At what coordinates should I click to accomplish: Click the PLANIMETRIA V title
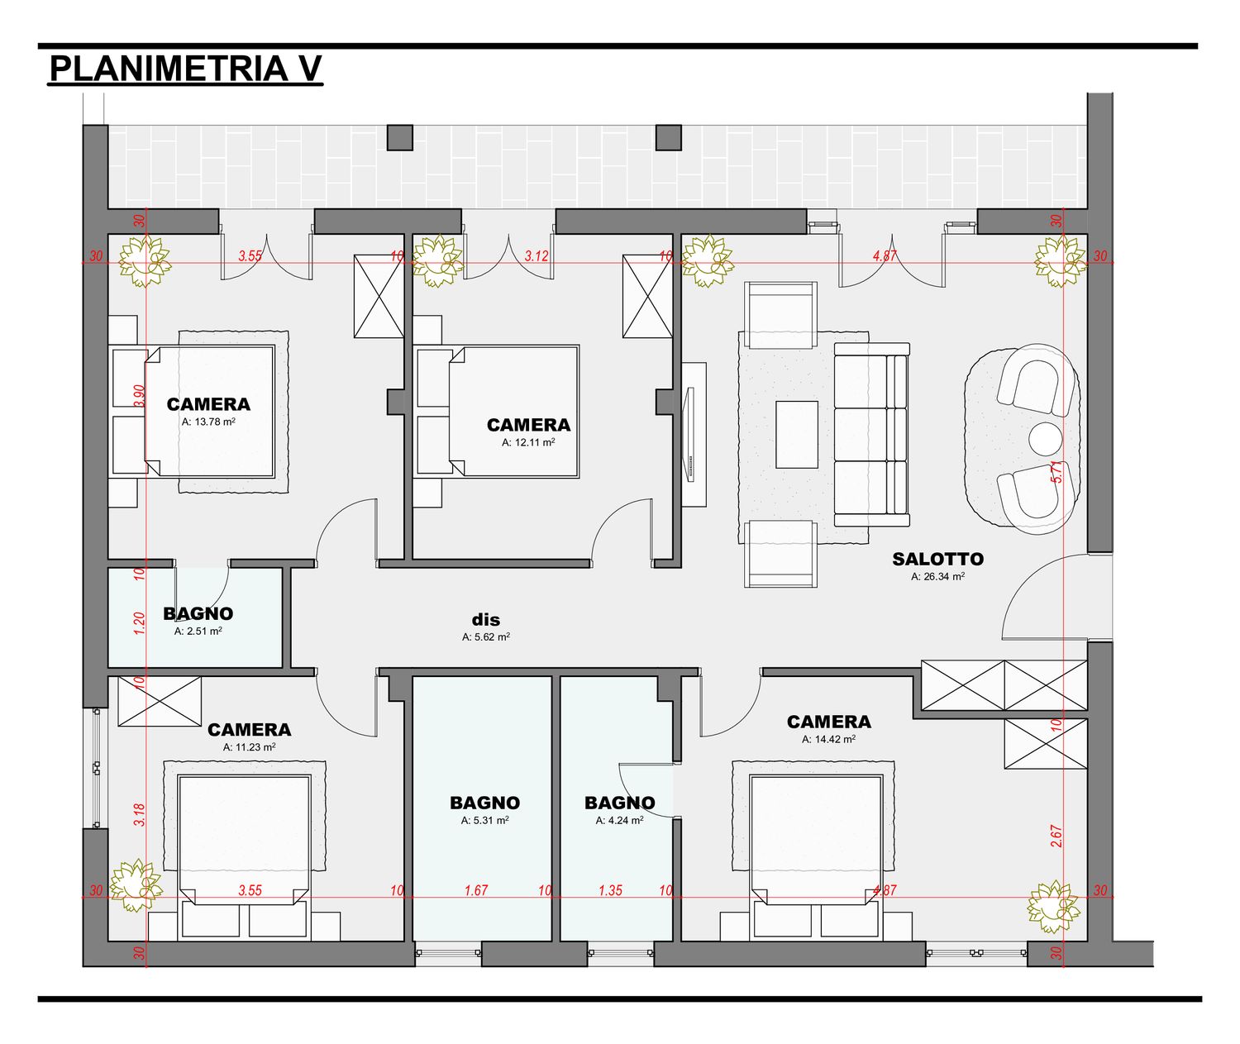coord(185,69)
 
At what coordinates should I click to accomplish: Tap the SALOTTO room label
coord(937,559)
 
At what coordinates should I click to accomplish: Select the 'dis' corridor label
coord(486,619)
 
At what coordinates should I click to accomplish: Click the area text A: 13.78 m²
coord(208,422)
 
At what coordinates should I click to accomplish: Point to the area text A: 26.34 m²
coord(937,576)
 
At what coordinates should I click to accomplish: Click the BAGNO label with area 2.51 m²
coord(198,613)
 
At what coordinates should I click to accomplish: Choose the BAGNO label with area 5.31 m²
coord(484,803)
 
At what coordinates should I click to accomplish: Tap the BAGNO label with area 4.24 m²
coord(619,803)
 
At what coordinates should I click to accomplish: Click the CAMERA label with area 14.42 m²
coord(829,722)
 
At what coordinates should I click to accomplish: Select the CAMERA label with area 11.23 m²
coord(250,729)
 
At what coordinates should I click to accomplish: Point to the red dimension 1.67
coord(476,890)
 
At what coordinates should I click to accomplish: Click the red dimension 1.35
coord(611,890)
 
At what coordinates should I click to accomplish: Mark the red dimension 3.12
coord(537,256)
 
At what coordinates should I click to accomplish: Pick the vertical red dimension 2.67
coord(1056,836)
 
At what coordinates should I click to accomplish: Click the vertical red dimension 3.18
coord(140,815)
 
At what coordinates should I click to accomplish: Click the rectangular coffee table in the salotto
coord(797,435)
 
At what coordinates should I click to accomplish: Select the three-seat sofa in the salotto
coord(872,435)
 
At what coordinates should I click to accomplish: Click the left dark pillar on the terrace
coord(399,137)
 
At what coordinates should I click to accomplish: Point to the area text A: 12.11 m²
coord(528,442)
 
